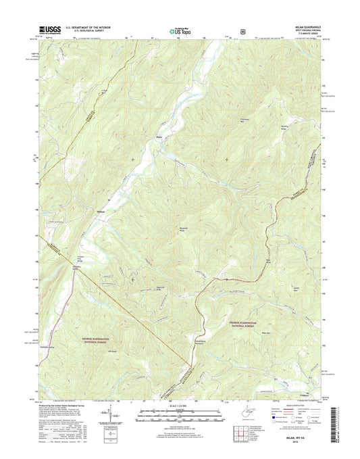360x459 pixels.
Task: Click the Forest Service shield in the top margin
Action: (242, 30)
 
